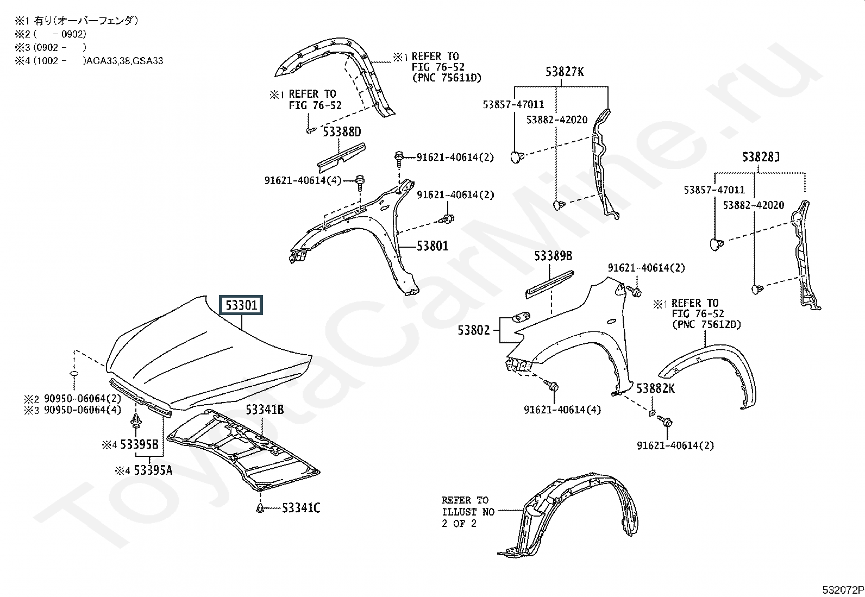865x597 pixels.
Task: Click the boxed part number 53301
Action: tap(241, 305)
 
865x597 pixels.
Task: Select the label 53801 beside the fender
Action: tap(432, 246)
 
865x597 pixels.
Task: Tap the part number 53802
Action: tap(473, 330)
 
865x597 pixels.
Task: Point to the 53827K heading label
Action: tap(565, 72)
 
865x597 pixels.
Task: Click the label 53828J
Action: tap(761, 157)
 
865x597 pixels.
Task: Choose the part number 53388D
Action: tap(342, 131)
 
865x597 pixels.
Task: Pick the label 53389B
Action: tap(553, 256)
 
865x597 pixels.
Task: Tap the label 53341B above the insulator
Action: tap(265, 410)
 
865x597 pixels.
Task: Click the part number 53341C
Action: tap(301, 508)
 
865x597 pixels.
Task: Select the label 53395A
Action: tap(153, 470)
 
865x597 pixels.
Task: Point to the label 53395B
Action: tap(140, 444)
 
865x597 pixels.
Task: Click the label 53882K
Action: tap(656, 388)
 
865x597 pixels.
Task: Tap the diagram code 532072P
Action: tap(843, 590)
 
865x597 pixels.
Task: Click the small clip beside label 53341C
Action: tap(260, 507)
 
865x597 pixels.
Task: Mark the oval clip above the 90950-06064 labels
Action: tap(74, 374)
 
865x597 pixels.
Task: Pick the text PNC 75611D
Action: tap(447, 78)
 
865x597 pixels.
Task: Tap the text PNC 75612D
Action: tap(707, 324)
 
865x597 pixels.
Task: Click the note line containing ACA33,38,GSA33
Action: tap(89, 61)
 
